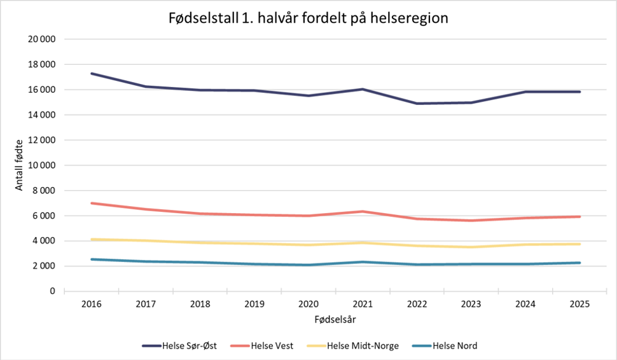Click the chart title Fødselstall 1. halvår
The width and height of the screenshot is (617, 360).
308,18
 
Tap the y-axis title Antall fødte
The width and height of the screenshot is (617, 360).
19,165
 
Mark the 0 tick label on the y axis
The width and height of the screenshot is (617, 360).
52,291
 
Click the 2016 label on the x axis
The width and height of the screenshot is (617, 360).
92,303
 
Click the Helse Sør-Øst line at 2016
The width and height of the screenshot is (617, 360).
92,74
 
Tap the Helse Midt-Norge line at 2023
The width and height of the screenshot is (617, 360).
471,247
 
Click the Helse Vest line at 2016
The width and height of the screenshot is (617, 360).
92,203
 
